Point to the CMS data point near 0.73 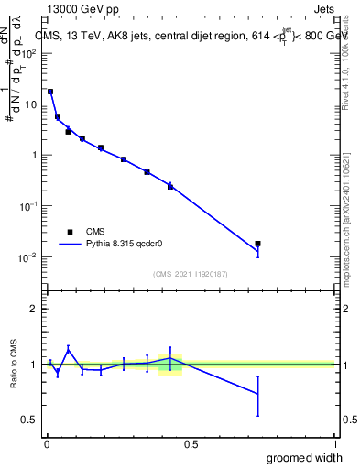257,244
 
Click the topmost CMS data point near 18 50,92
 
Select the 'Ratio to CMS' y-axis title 15,364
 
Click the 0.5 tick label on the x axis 191,442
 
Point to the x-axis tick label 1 334,442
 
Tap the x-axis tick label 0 46,442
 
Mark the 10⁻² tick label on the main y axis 27,256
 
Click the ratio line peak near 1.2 68,349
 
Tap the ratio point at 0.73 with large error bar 257,394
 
